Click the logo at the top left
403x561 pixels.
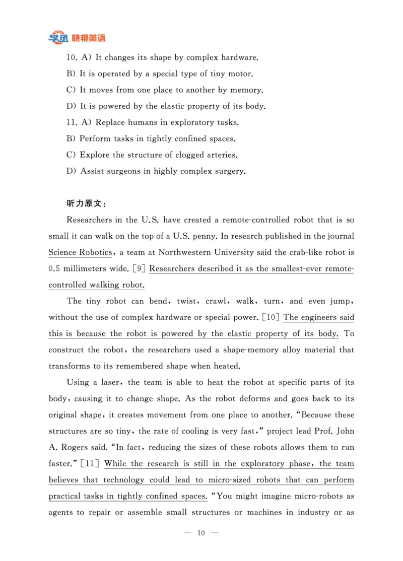coord(77,38)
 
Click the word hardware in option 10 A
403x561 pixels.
coord(240,58)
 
